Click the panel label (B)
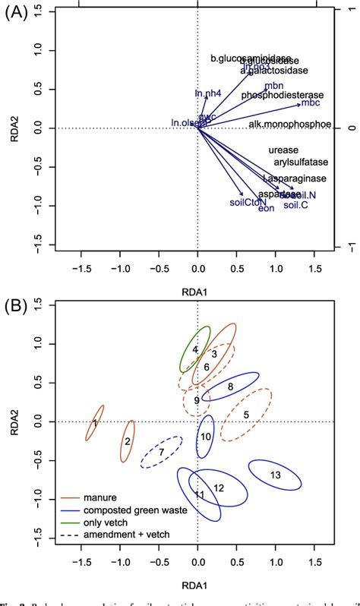click(x=16, y=308)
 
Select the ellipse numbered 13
click(x=276, y=475)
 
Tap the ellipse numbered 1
click(x=95, y=423)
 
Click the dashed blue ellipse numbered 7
click(x=161, y=453)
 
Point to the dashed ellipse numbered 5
click(x=246, y=415)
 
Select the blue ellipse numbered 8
click(x=230, y=387)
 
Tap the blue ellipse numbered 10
click(x=205, y=437)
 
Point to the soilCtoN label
click(x=248, y=202)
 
